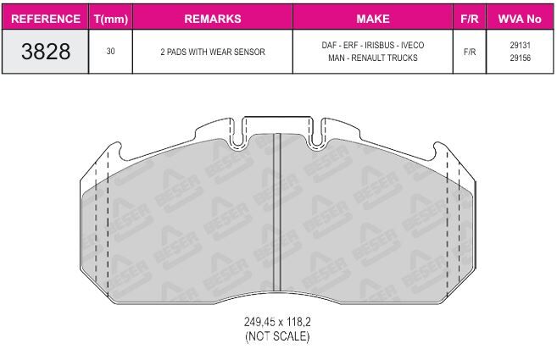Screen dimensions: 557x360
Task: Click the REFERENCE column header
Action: (46, 19)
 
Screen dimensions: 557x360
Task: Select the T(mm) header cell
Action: (111, 19)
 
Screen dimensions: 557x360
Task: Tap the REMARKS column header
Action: (213, 19)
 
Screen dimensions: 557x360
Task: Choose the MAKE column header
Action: (373, 19)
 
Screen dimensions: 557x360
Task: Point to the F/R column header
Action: (470, 19)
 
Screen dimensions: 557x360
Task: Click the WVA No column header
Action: (520, 19)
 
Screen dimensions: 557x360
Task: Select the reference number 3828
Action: (46, 52)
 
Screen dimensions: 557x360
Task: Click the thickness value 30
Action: (110, 52)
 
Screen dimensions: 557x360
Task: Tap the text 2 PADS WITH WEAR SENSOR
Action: (213, 52)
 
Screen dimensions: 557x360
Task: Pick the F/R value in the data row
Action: (470, 52)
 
